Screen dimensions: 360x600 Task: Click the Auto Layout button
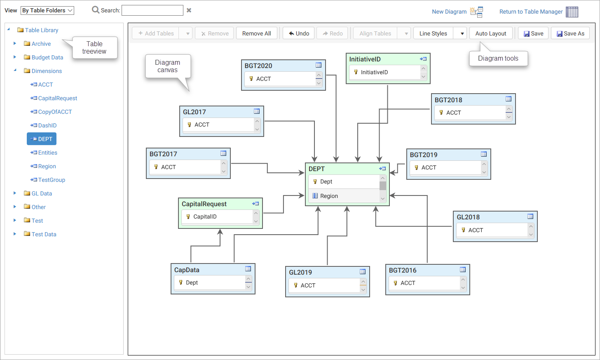(490, 33)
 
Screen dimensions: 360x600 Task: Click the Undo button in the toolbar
(299, 33)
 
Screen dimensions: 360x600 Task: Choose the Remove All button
(256, 33)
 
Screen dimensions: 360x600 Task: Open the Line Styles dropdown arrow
(462, 33)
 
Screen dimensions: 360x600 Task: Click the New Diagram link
(449, 12)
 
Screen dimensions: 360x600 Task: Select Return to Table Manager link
(531, 12)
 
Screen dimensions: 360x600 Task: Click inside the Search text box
(152, 10)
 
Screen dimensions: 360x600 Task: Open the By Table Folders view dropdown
(47, 10)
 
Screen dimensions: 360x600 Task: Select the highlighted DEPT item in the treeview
(42, 139)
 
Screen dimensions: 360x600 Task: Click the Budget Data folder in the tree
(47, 57)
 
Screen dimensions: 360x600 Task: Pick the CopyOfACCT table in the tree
(55, 112)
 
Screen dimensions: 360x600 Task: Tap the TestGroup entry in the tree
(52, 180)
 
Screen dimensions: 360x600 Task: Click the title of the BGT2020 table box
(258, 66)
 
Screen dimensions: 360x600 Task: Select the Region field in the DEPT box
(329, 196)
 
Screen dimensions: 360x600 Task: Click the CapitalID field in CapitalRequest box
(205, 216)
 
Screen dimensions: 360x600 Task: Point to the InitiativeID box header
(365, 59)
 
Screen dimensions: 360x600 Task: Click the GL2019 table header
(300, 272)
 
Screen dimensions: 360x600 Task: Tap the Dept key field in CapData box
(192, 282)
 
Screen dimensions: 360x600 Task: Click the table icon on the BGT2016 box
(463, 270)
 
